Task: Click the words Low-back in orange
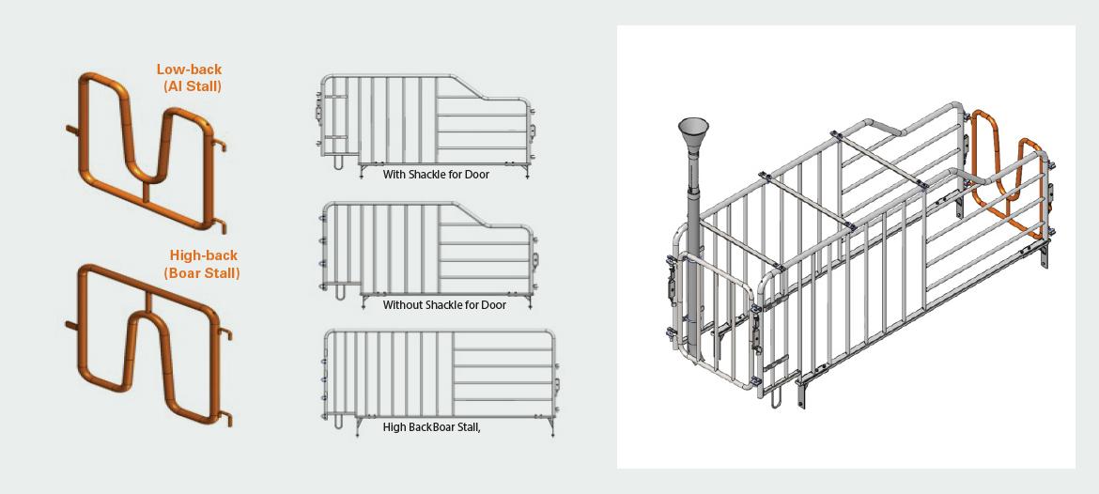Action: (189, 69)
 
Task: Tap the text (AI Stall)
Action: (192, 87)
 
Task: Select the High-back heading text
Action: (204, 255)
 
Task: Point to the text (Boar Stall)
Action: (202, 273)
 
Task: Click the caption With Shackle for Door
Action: (436, 174)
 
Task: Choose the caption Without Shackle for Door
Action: (444, 305)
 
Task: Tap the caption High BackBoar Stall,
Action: (432, 426)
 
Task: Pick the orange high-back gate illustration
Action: (148, 344)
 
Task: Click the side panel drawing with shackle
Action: (425, 126)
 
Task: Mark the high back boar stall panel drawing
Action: (440, 382)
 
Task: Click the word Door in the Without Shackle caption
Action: (494, 305)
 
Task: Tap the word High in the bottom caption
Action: (395, 426)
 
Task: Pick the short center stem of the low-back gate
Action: (146, 192)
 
